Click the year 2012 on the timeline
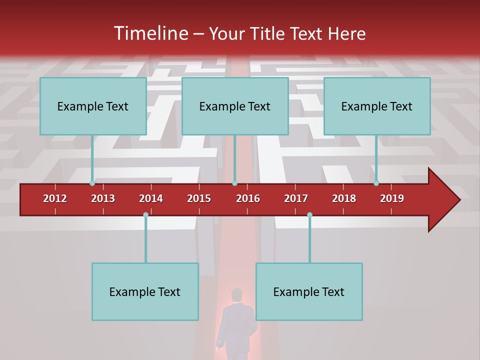tap(55, 198)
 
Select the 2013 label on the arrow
tap(103, 198)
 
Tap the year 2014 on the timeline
tap(151, 198)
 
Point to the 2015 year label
tap(199, 198)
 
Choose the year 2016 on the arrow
tap(248, 198)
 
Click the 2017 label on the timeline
tap(296, 198)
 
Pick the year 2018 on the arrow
tap(344, 198)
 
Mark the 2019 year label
tap(392, 198)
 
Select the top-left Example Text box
tap(93, 106)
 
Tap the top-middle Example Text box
tap(235, 106)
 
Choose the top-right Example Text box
tap(377, 106)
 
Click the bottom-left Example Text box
tap(145, 291)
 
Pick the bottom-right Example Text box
tap(309, 291)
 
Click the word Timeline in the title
tap(150, 33)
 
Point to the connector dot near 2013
tap(92, 183)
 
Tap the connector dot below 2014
tap(145, 215)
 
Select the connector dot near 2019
tap(376, 183)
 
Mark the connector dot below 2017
tap(309, 215)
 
